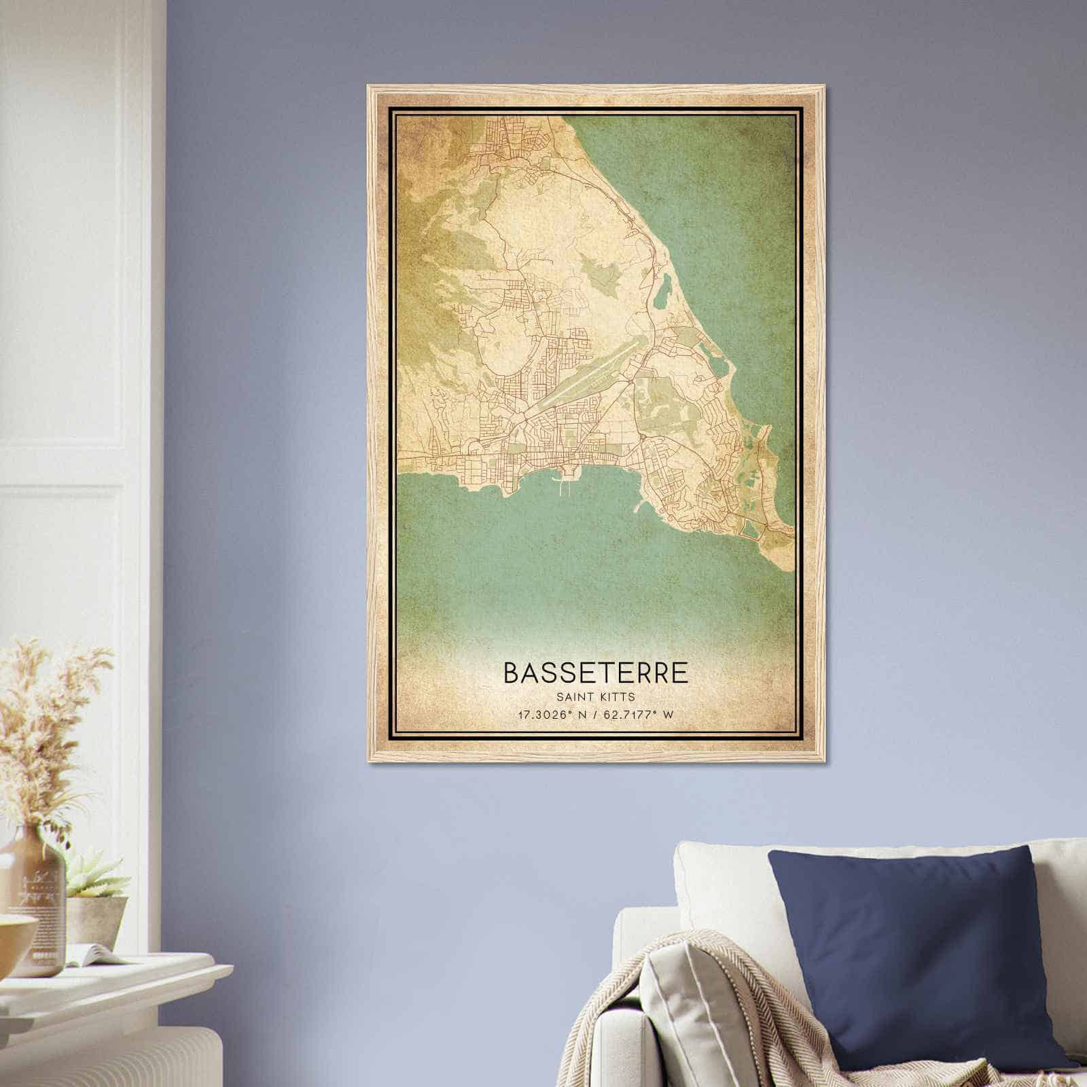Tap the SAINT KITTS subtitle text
(595, 697)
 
